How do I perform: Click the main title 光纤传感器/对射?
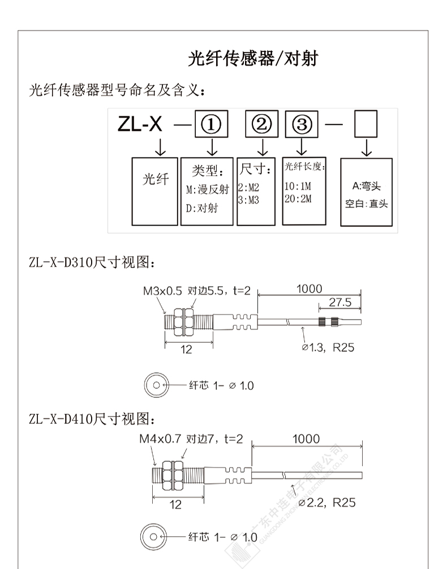pyautogui.click(x=253, y=58)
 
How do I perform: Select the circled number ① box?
pyautogui.click(x=212, y=124)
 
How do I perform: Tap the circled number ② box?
pyautogui.click(x=261, y=124)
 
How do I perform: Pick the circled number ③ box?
pyautogui.click(x=302, y=124)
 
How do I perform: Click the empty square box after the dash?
pyautogui.click(x=366, y=124)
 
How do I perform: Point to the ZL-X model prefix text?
pyautogui.click(x=140, y=124)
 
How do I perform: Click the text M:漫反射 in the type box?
pyautogui.click(x=208, y=189)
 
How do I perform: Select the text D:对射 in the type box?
pyautogui.click(x=202, y=208)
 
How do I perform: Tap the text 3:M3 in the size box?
pyautogui.click(x=248, y=200)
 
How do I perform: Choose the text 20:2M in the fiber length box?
pyautogui.click(x=298, y=198)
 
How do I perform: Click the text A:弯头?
pyautogui.click(x=367, y=186)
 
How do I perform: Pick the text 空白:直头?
pyautogui.click(x=366, y=203)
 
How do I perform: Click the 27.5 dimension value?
pyautogui.click(x=340, y=302)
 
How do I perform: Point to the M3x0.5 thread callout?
pyautogui.click(x=162, y=291)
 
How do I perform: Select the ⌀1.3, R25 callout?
pyautogui.click(x=328, y=347)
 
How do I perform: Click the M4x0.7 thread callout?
pyautogui.click(x=160, y=439)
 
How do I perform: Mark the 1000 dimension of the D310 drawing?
pyautogui.click(x=310, y=289)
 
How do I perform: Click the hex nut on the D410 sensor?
pyautogui.click(x=172, y=475)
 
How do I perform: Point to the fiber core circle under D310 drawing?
pyautogui.click(x=156, y=385)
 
